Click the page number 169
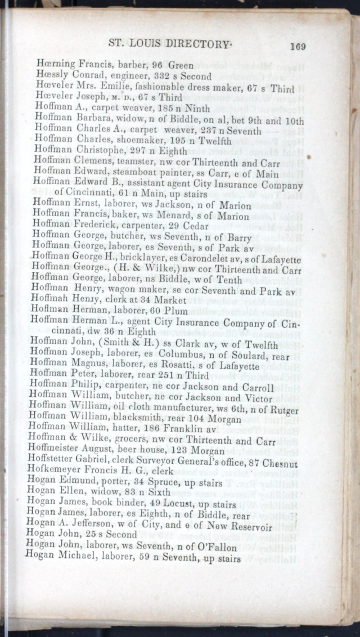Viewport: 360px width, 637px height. click(x=298, y=47)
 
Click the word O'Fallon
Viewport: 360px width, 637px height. click(x=214, y=548)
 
